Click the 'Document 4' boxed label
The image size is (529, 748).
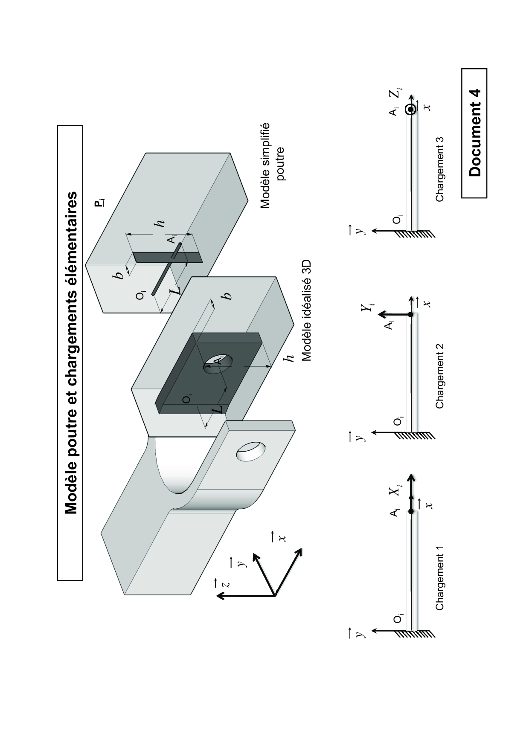474,133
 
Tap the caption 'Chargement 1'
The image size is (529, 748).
440,578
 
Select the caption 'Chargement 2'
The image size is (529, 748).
440,376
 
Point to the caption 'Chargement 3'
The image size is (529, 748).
440,169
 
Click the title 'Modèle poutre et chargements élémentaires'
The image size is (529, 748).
70,353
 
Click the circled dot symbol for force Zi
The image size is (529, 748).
411,110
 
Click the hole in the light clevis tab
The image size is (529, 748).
251,451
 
